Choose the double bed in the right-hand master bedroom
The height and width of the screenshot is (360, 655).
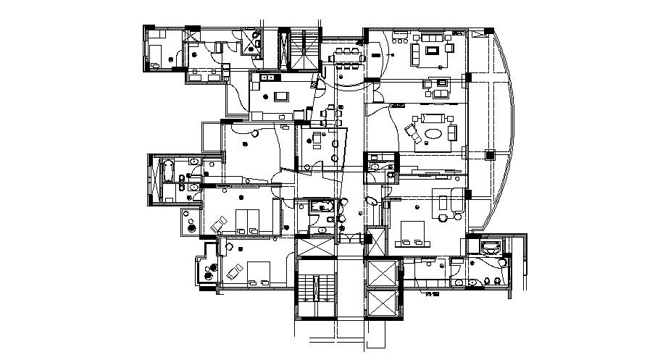click(414, 233)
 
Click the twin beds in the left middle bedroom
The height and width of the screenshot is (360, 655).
click(246, 219)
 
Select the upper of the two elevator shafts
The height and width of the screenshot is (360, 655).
click(383, 273)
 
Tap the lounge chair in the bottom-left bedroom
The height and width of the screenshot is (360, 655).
click(233, 272)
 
